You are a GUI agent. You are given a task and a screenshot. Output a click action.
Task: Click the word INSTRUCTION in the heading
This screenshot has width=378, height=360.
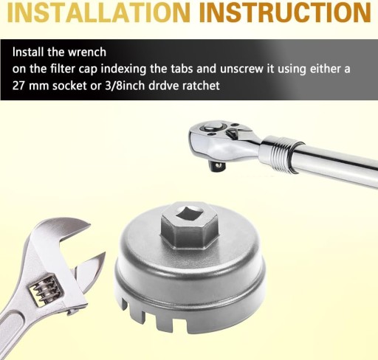click(286, 12)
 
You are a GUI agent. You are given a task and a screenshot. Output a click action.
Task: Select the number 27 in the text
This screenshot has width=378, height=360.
click(18, 86)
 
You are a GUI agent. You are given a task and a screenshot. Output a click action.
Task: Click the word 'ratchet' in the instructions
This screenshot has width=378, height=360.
click(201, 86)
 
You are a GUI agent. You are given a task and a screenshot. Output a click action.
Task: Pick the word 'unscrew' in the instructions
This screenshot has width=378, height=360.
click(241, 69)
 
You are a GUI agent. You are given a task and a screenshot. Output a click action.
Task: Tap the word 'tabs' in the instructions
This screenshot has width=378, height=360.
click(182, 69)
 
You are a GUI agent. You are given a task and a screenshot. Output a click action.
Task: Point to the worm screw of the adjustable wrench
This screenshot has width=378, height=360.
click(47, 290)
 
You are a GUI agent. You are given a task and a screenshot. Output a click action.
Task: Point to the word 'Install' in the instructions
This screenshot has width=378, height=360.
click(28, 52)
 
